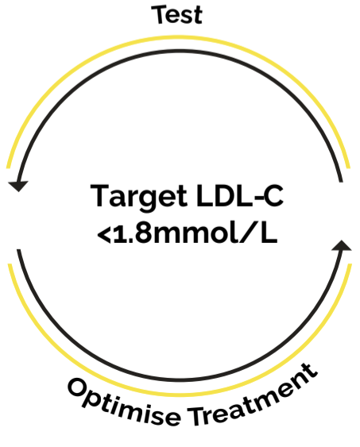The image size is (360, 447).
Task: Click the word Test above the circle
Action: pyautogui.click(x=177, y=14)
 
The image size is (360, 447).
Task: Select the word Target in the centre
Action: pyautogui.click(x=138, y=198)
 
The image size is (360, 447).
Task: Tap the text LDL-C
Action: pyautogui.click(x=240, y=195)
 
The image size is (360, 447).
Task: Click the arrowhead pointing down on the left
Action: pyautogui.click(x=18, y=186)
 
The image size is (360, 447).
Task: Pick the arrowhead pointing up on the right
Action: pyautogui.click(x=342, y=245)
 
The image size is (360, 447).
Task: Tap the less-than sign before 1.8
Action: pyautogui.click(x=104, y=235)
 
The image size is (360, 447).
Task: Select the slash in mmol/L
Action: pyautogui.click(x=248, y=233)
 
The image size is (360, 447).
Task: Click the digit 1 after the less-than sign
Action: pyautogui.click(x=118, y=233)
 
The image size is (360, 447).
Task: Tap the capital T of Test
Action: pyautogui.click(x=159, y=14)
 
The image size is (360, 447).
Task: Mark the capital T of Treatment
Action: pyautogui.click(x=197, y=416)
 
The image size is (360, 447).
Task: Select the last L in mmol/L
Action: pyautogui.click(x=269, y=233)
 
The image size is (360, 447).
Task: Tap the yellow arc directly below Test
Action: pyautogui.click(x=177, y=37)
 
